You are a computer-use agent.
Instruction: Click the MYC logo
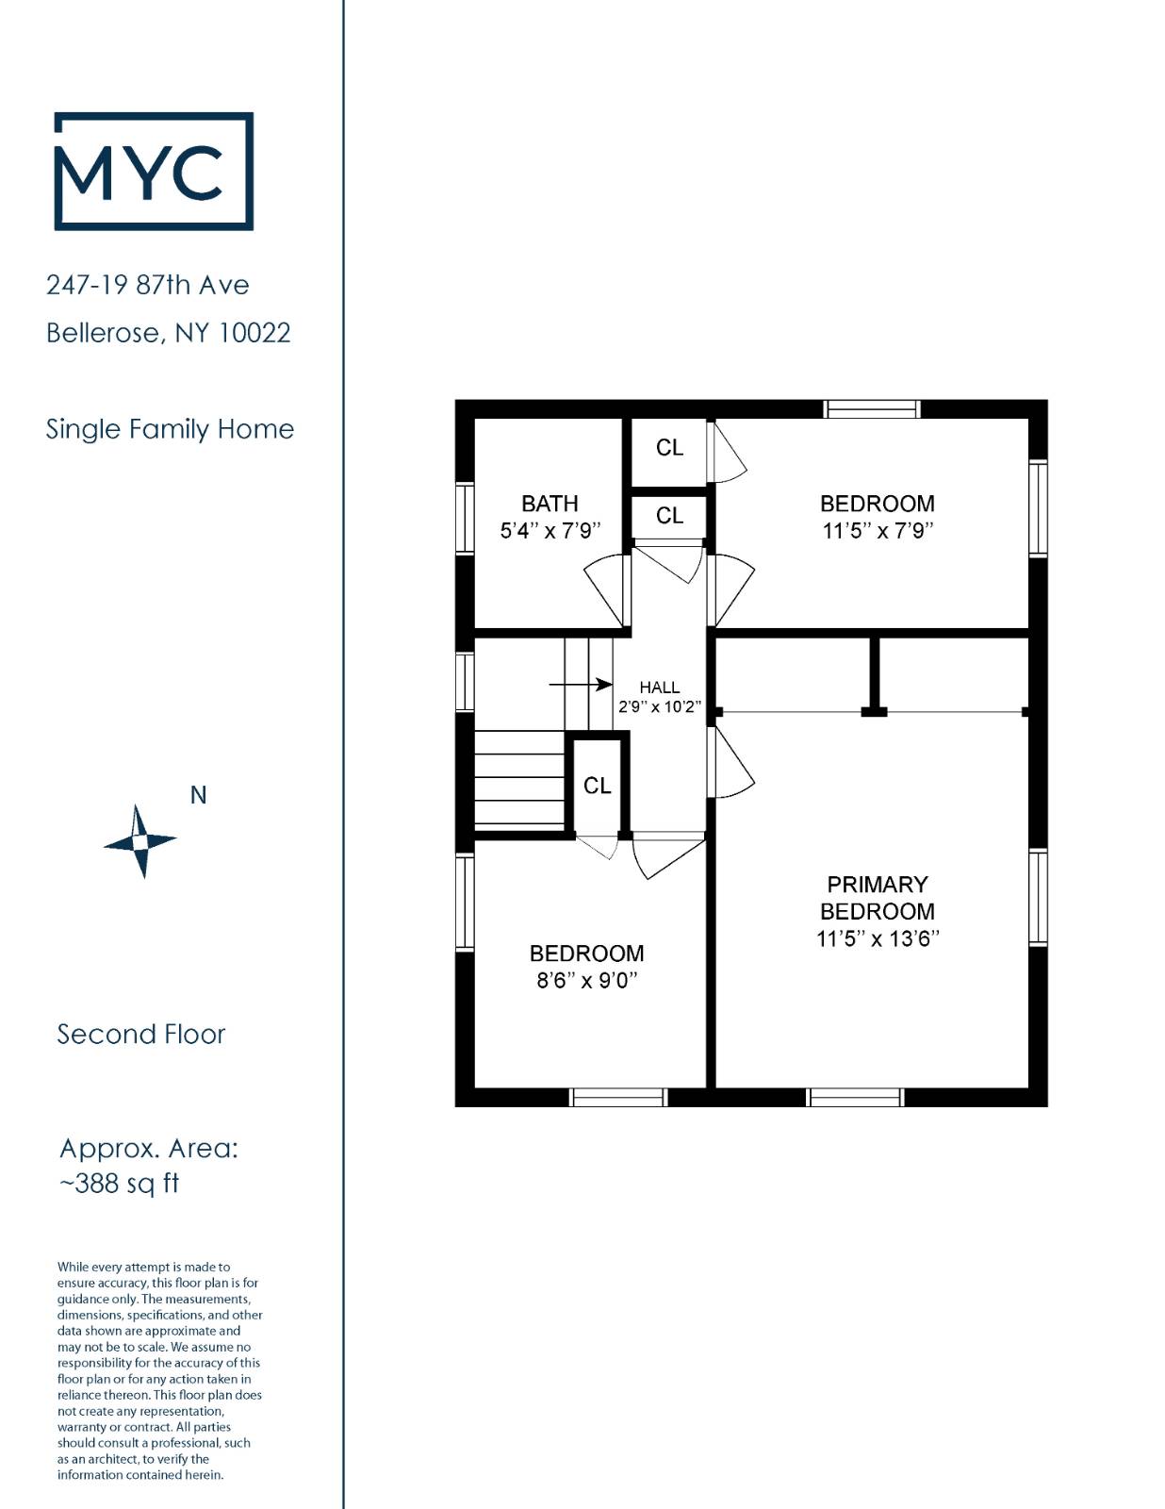(x=154, y=171)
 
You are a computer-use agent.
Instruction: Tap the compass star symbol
(x=140, y=841)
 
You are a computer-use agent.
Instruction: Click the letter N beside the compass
(x=199, y=795)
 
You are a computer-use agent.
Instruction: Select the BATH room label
(x=550, y=504)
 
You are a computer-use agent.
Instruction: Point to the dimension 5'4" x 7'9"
(x=550, y=531)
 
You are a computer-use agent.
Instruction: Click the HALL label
(x=659, y=688)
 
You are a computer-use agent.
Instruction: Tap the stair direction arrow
(x=581, y=685)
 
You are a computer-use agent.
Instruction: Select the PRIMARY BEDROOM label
(x=877, y=898)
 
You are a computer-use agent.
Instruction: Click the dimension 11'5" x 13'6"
(x=878, y=938)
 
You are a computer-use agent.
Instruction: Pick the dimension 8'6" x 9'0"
(x=587, y=981)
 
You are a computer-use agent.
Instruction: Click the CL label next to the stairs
(x=597, y=786)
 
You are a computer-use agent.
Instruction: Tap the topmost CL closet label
(x=669, y=448)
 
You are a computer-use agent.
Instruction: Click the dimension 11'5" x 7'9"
(x=878, y=531)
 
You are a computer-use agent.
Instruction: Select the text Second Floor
(x=140, y=1035)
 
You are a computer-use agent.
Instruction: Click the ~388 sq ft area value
(x=120, y=1184)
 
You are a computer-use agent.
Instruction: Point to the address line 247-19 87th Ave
(x=148, y=285)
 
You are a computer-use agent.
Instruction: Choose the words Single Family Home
(x=170, y=429)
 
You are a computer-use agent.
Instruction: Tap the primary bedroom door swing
(x=731, y=762)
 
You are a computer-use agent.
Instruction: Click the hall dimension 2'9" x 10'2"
(x=660, y=707)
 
